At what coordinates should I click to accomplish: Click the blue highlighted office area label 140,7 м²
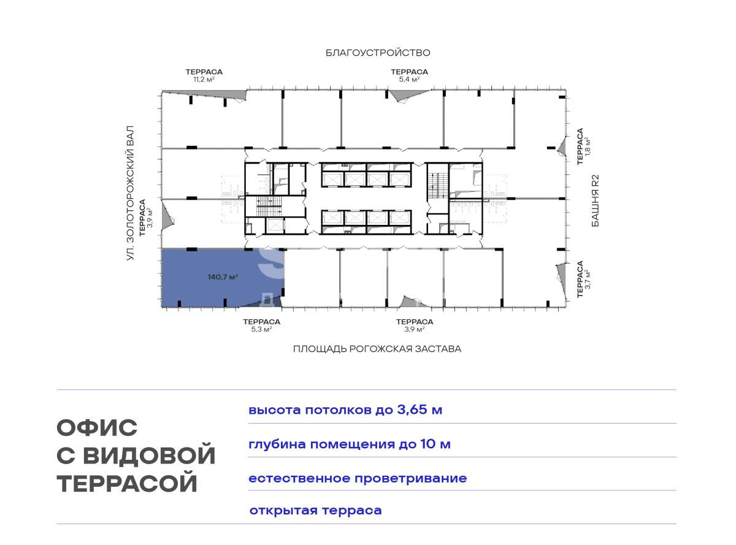(223, 276)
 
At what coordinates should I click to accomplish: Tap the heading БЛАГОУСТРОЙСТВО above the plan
(378, 53)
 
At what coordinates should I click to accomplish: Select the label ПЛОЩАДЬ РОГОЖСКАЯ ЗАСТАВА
(377, 349)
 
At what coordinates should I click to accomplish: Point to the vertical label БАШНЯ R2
(596, 200)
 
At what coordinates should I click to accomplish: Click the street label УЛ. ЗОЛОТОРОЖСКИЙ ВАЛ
(131, 193)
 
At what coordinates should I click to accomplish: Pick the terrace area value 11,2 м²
(204, 79)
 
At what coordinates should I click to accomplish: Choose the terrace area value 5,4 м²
(409, 79)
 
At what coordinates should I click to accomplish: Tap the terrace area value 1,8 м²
(588, 147)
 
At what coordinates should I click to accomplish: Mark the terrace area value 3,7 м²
(588, 280)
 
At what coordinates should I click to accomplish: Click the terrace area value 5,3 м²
(261, 329)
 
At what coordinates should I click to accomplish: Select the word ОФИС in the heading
(97, 427)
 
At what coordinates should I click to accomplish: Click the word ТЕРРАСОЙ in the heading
(127, 483)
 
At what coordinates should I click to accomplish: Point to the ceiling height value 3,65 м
(420, 410)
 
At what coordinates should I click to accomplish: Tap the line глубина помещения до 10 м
(350, 444)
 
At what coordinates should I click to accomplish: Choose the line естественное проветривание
(358, 478)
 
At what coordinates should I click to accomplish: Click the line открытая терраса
(315, 510)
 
